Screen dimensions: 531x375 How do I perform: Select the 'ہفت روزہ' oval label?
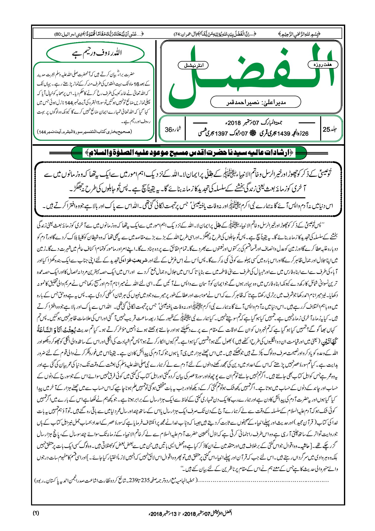click(323, 64)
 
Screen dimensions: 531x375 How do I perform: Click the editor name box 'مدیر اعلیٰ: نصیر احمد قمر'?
click(256, 102)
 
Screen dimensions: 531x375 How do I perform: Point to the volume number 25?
click(326, 129)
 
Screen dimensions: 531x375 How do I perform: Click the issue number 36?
click(168, 130)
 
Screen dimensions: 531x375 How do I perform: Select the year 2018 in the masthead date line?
click(234, 123)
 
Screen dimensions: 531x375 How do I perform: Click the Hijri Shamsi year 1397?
click(221, 133)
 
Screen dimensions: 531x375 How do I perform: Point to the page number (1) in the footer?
click(36, 513)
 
